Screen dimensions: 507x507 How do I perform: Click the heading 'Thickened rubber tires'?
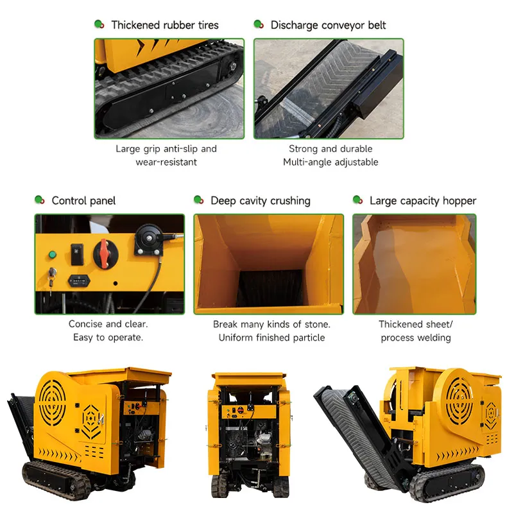coord(165,25)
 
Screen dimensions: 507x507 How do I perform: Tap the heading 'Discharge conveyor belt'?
coord(328,25)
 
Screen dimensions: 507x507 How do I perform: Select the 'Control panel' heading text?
coord(83,200)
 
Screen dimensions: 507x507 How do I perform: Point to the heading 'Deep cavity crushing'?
coord(261,200)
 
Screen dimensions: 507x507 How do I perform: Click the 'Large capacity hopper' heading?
coord(423,200)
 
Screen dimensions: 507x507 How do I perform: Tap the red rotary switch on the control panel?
coord(105,253)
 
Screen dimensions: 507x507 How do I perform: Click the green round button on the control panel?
coord(52,255)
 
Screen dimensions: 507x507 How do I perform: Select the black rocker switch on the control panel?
coord(77,254)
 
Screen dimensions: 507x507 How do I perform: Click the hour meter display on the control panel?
coord(79,280)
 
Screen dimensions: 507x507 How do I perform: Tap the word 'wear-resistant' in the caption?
coord(166,162)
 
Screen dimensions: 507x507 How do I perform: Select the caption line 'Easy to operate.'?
coord(108,337)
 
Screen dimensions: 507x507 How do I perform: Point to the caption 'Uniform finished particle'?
coord(271,337)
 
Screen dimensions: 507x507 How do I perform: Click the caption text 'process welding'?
coord(415,337)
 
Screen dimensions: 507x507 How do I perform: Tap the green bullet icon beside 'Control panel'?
coord(39,200)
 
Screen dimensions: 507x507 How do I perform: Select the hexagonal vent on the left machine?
coord(91,421)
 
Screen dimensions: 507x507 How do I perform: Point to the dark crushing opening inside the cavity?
coord(270,288)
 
